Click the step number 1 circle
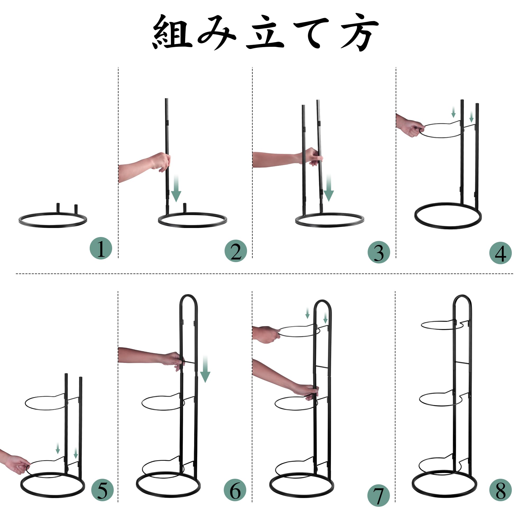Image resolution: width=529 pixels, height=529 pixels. [x=101, y=248]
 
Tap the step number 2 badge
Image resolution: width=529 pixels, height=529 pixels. [x=236, y=251]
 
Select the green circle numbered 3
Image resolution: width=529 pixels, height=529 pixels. [x=379, y=252]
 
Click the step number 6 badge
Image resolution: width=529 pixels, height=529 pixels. [x=235, y=490]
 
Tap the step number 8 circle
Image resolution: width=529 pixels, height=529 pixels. [x=500, y=490]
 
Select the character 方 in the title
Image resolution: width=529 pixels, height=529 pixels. [x=359, y=32]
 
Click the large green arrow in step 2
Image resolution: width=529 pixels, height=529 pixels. [x=176, y=189]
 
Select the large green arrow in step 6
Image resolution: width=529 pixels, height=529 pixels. [x=205, y=369]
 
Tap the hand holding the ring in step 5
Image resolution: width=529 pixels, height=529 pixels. [x=18, y=464]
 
